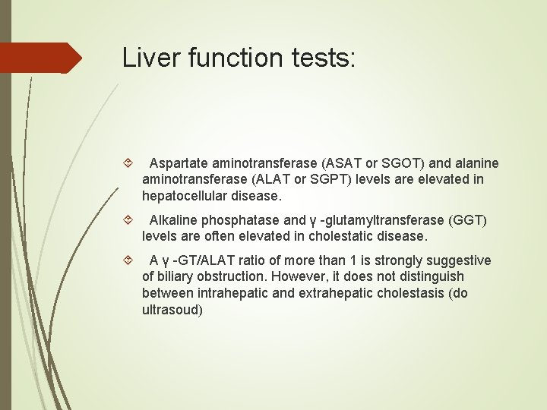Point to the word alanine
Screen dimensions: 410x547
point(474,163)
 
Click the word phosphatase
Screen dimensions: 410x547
point(241,220)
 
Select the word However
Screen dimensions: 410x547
point(301,276)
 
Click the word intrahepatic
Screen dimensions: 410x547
point(232,293)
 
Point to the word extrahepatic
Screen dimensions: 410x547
point(337,293)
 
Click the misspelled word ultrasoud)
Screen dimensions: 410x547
point(172,310)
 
